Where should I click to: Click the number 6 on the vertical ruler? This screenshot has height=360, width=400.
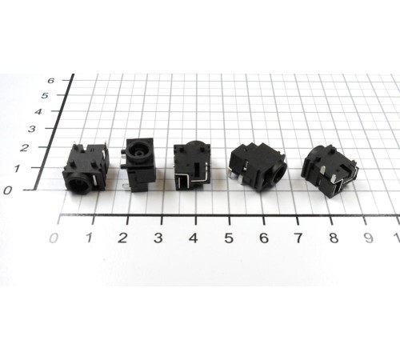51,80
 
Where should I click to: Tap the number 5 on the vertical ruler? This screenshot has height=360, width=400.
45,95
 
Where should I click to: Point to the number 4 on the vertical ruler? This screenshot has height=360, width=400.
38,111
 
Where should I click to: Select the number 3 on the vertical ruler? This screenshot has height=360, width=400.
32,129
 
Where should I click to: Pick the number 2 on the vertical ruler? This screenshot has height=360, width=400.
24,148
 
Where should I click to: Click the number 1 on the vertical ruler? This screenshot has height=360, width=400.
17,168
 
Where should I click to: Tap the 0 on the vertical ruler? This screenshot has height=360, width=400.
8,190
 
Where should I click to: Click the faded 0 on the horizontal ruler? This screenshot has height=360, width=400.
54,238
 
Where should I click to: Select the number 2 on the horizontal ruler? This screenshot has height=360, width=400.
122,238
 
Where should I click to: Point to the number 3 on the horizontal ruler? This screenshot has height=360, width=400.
158,238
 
